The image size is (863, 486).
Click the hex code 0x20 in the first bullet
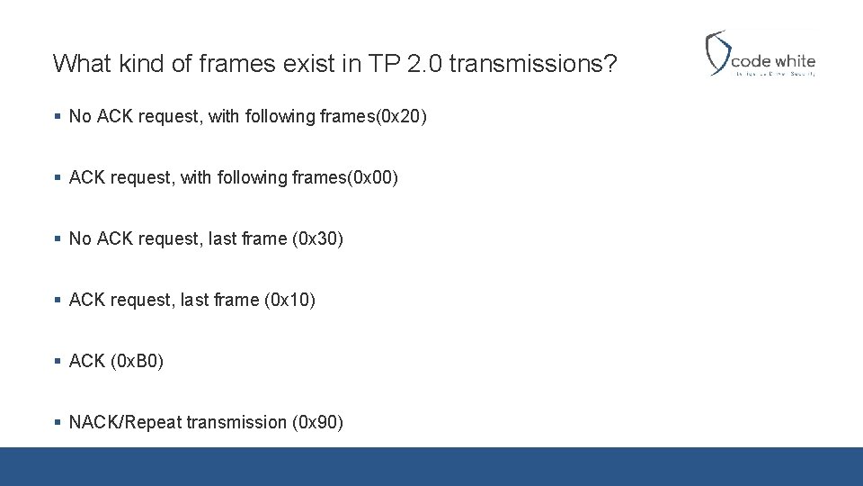click(401, 116)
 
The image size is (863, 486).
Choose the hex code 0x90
click(317, 422)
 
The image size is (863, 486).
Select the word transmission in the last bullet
click(236, 422)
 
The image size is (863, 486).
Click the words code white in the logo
click(772, 61)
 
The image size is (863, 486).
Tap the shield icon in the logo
click(717, 53)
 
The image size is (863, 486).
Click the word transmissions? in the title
click(533, 63)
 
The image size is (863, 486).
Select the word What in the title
click(78, 63)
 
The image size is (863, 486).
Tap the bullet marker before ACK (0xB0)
click(58, 361)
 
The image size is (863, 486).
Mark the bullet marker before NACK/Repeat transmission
click(58, 422)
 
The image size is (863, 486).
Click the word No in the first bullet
click(80, 116)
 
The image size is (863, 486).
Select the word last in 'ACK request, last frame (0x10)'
click(195, 300)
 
